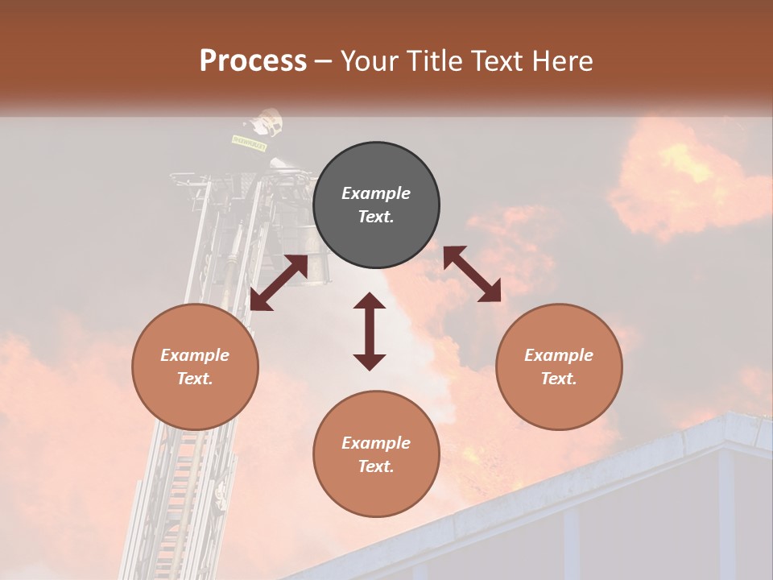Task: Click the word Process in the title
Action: pos(253,61)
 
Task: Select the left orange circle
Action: pos(195,367)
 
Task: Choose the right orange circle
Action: pos(559,367)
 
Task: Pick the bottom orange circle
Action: pos(376,454)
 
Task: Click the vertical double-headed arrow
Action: pos(370,331)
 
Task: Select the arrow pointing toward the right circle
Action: pos(472,274)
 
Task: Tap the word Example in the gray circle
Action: pos(376,193)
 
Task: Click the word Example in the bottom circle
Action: pos(376,443)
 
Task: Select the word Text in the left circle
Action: pos(195,379)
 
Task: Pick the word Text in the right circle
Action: pos(559,379)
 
